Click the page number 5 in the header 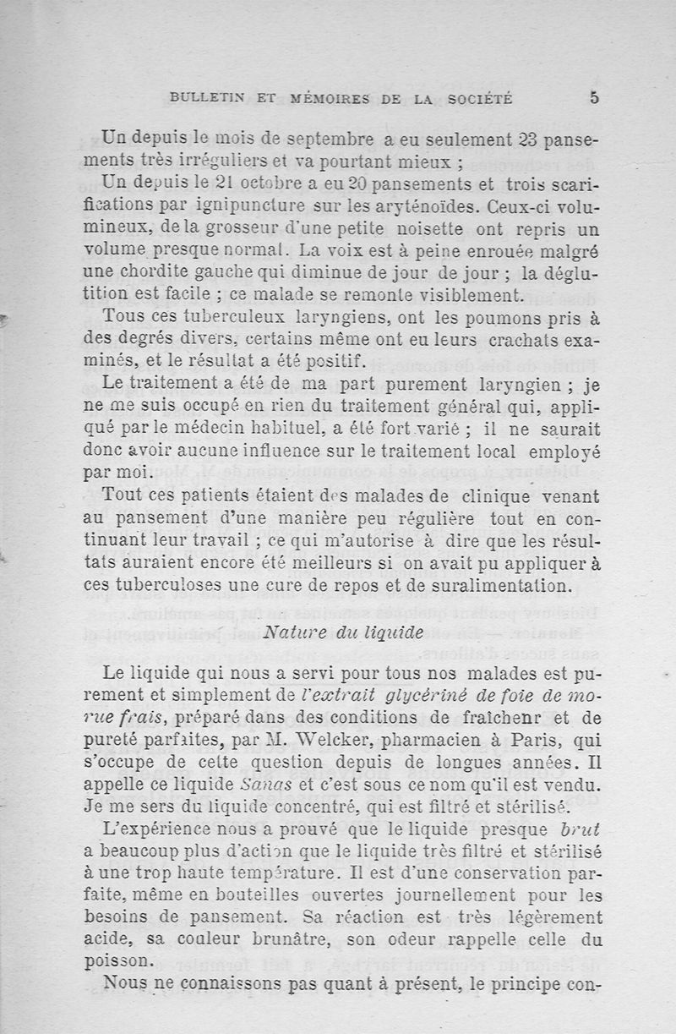click(x=594, y=98)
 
